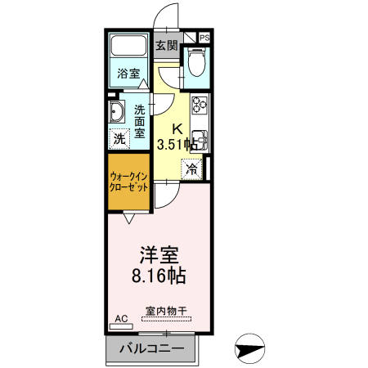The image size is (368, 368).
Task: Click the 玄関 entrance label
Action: (x=167, y=46)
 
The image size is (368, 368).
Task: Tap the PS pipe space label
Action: (x=204, y=38)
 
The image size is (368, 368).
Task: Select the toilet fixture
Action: (x=196, y=61)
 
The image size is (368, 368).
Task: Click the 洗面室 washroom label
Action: (x=140, y=120)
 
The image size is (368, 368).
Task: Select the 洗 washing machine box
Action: (x=120, y=139)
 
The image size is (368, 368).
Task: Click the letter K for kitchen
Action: (x=177, y=128)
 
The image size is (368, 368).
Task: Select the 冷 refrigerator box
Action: (x=191, y=170)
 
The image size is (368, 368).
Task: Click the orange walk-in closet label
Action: (x=129, y=181)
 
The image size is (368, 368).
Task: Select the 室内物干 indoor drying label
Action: (x=166, y=312)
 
